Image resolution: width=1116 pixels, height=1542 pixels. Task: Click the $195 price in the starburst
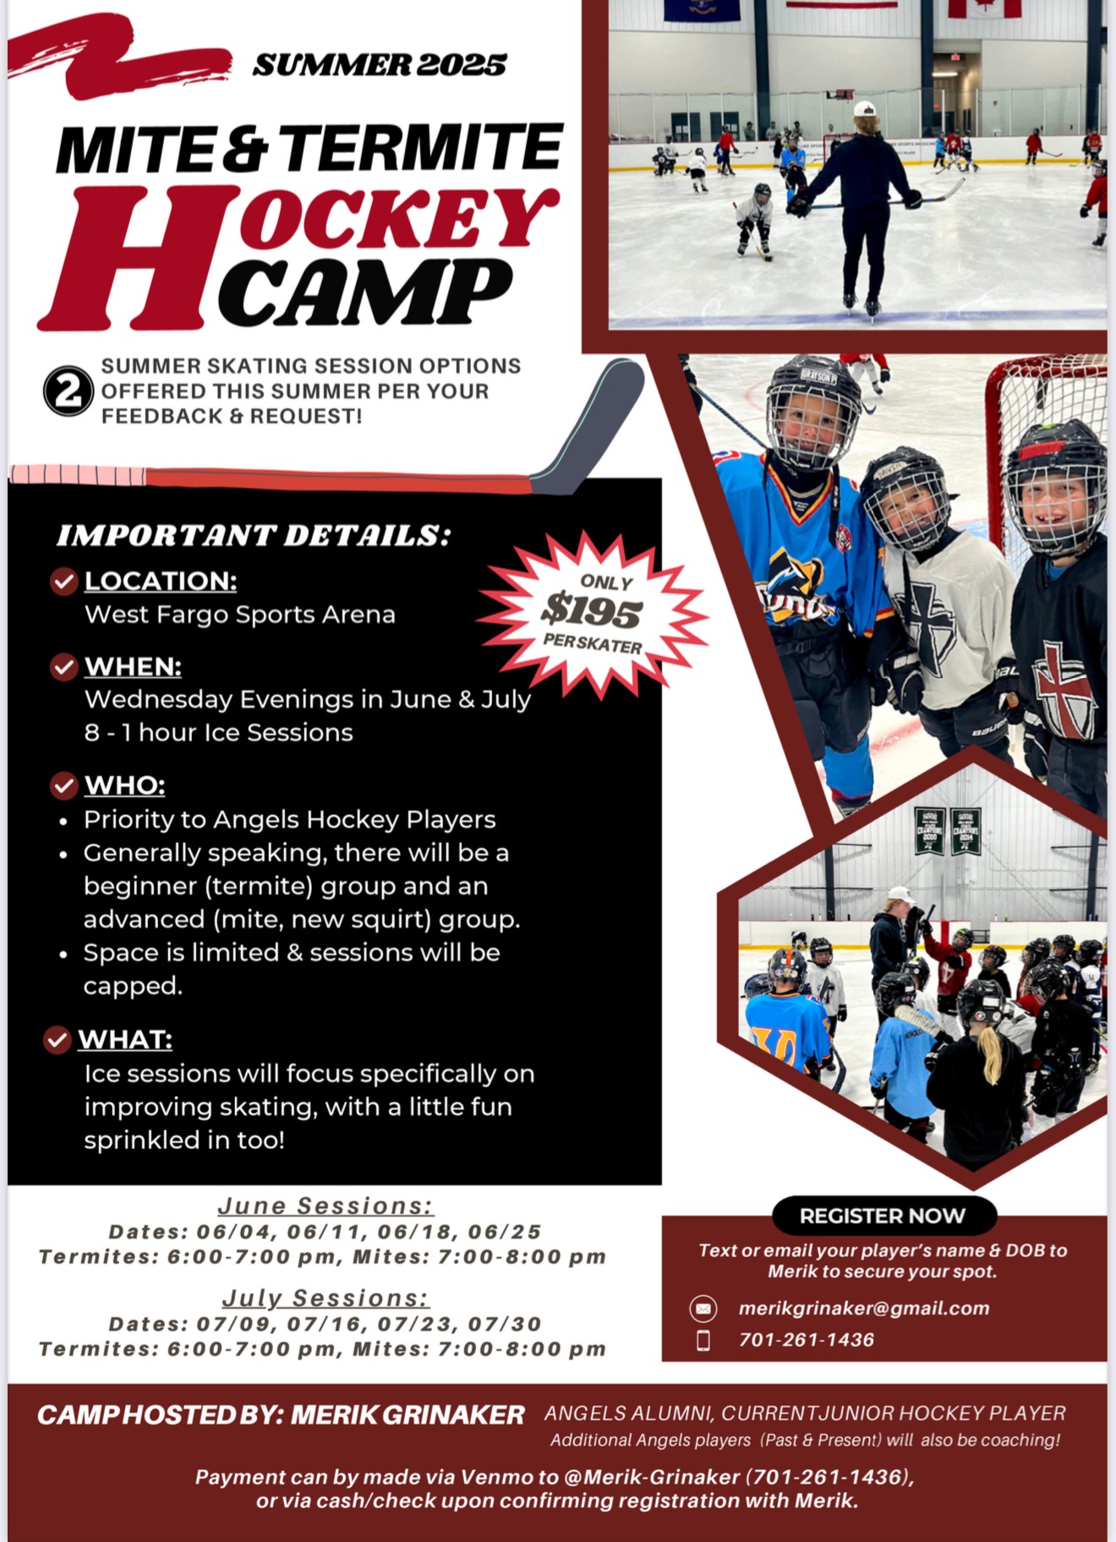click(592, 610)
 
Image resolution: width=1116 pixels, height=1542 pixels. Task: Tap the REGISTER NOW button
click(883, 1216)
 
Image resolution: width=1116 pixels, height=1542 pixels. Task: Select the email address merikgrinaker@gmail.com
click(863, 1308)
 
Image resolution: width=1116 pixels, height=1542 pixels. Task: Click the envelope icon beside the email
click(703, 1308)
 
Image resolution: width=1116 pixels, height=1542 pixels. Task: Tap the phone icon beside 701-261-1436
click(703, 1340)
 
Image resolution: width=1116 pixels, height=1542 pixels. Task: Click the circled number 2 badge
click(68, 391)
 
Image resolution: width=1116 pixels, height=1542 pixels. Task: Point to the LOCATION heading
click(161, 581)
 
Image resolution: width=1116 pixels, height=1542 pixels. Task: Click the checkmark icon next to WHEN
click(64, 667)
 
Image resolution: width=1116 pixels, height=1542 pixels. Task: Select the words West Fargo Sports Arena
click(239, 615)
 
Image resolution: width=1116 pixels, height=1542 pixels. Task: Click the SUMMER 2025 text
click(380, 65)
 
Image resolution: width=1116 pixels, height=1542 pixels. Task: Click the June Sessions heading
click(325, 1206)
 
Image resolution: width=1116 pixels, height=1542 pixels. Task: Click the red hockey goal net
click(1040, 440)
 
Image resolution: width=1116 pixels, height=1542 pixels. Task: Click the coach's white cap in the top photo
click(865, 109)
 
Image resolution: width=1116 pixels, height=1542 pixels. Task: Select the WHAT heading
click(125, 1039)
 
